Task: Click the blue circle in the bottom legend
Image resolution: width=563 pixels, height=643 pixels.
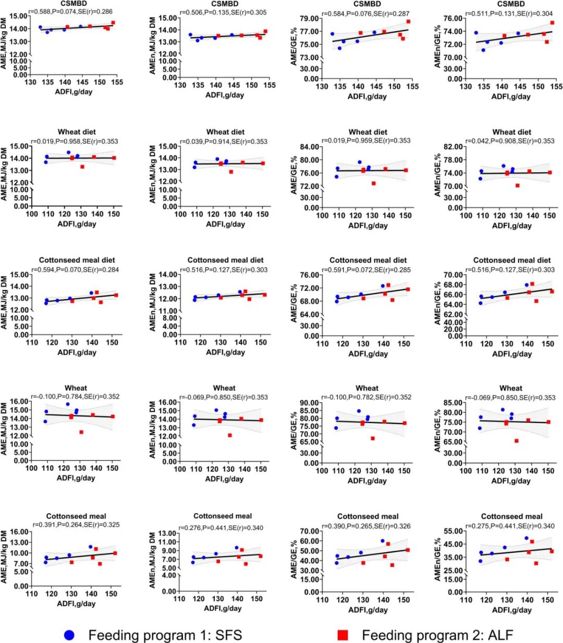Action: click(69, 635)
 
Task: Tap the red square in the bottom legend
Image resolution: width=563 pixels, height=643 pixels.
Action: click(342, 635)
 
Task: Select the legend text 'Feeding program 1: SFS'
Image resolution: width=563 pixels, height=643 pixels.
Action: click(165, 635)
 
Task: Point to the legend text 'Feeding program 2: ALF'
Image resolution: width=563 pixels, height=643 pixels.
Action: click(437, 635)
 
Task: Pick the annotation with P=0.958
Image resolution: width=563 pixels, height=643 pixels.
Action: click(75, 141)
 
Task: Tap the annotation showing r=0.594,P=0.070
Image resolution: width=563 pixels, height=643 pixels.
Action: click(75, 270)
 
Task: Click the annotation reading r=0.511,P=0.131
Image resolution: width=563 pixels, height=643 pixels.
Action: click(511, 14)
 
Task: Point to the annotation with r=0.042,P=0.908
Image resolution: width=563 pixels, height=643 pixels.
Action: click(511, 141)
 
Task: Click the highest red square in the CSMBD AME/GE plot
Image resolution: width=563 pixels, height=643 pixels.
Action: click(409, 21)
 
